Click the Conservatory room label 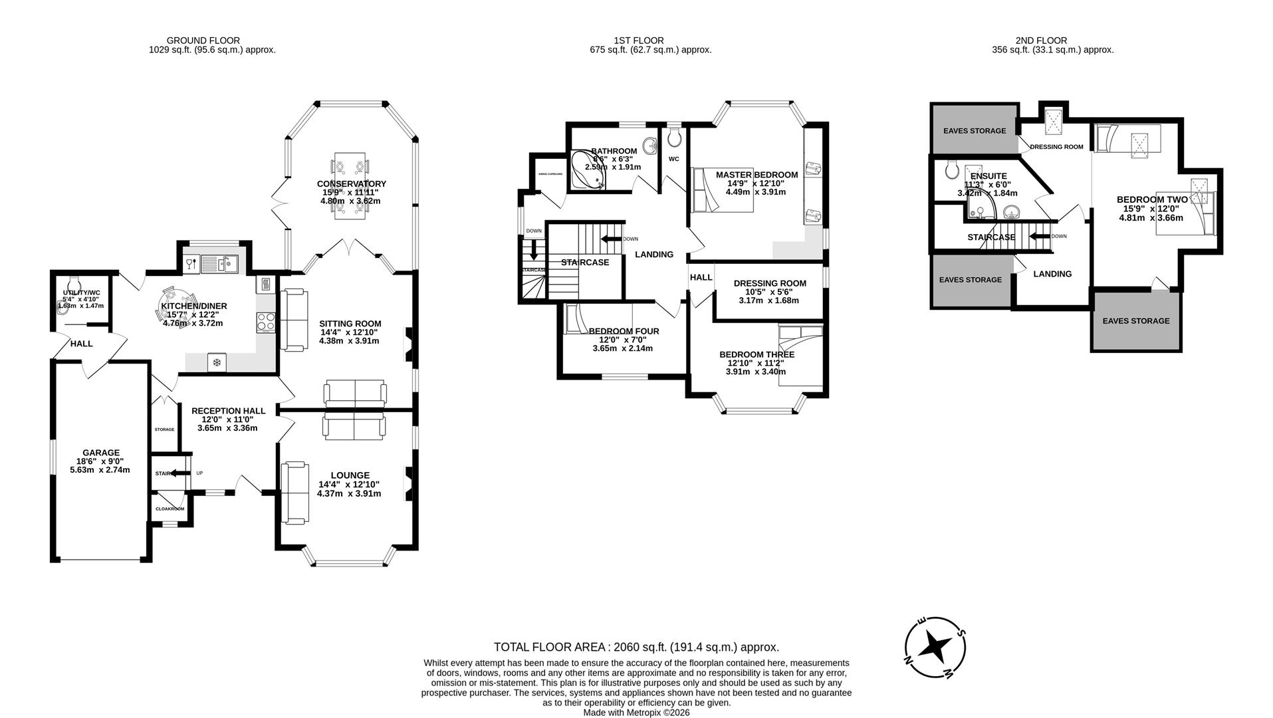(351, 184)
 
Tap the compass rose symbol (935, 646)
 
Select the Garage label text (101, 453)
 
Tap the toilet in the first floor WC (675, 139)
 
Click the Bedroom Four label (624, 331)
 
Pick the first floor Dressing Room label (769, 283)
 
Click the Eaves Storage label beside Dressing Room (974, 131)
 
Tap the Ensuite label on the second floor (988, 176)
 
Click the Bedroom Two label (1151, 199)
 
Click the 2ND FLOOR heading (1041, 41)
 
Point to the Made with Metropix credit (636, 712)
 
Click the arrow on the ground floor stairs (177, 473)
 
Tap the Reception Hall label (228, 411)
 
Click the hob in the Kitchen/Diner (266, 322)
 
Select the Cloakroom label (170, 509)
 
